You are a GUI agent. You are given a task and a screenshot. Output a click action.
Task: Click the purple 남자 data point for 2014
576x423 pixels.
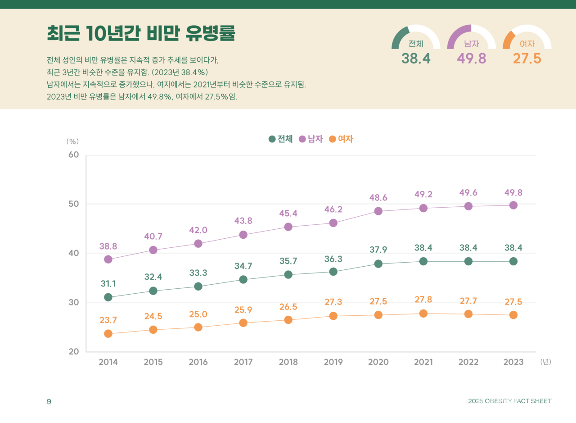[108, 259]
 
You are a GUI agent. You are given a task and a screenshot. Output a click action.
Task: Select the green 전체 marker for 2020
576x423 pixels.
[378, 264]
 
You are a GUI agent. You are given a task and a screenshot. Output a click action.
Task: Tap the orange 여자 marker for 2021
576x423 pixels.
[423, 314]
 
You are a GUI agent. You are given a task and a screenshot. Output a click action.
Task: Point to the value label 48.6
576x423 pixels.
[378, 198]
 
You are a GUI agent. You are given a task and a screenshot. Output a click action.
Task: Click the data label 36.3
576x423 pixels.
[333, 259]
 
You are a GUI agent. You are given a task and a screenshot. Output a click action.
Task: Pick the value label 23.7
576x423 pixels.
[108, 320]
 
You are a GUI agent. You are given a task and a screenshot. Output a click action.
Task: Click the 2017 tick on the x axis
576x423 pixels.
[243, 362]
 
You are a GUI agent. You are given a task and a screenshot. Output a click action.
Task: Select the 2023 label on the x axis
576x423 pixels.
[513, 362]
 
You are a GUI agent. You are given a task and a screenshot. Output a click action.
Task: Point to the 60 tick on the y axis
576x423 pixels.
[73, 155]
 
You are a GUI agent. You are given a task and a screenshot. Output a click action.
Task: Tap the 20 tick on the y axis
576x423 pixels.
[73, 352]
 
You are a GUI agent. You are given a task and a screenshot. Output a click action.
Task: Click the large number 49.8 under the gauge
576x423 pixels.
[471, 59]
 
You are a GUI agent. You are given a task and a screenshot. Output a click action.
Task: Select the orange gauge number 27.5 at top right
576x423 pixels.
[527, 59]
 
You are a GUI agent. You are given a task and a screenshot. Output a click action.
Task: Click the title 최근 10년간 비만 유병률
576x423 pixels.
[141, 33]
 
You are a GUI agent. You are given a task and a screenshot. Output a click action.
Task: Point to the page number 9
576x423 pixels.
[49, 401]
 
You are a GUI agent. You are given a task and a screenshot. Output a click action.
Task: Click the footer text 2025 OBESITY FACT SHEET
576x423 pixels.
[509, 401]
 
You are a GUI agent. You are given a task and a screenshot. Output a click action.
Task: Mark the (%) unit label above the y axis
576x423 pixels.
[72, 141]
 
